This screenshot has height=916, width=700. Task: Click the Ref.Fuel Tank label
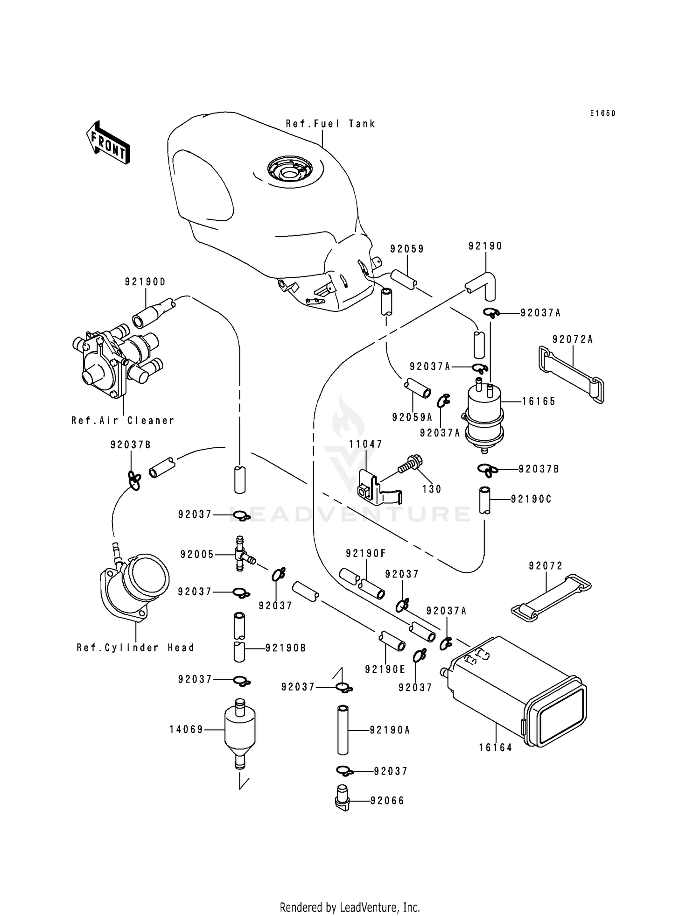click(330, 124)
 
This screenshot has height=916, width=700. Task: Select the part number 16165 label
click(539, 401)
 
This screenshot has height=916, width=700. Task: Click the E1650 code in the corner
click(602, 113)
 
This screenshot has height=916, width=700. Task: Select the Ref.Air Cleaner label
click(123, 420)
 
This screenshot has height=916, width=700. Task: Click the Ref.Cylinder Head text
click(135, 648)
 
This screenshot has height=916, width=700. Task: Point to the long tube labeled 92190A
click(343, 730)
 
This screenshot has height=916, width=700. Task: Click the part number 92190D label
click(145, 282)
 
